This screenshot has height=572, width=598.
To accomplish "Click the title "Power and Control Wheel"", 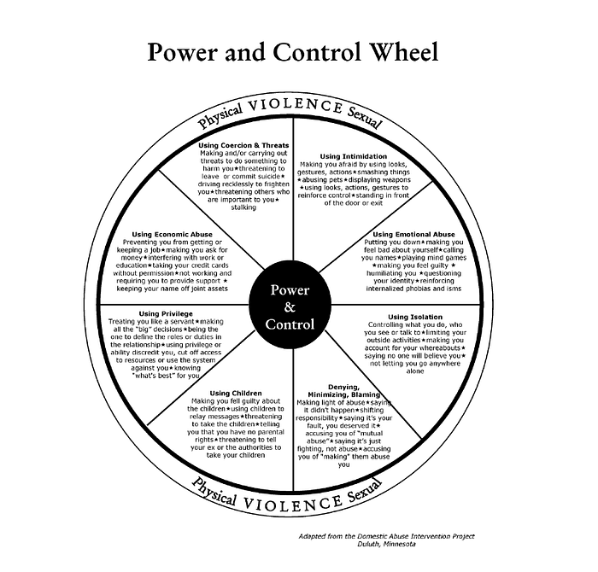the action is [x=293, y=52].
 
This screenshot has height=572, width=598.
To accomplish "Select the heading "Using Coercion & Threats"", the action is [x=243, y=145].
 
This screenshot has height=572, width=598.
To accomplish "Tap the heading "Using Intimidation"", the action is [x=353, y=156].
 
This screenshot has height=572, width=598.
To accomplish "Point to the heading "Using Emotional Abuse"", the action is [x=413, y=235].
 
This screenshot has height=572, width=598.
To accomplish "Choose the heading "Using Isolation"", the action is [x=415, y=317].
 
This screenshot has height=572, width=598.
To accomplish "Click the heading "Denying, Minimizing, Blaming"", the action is [x=343, y=391].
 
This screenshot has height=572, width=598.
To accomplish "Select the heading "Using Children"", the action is [x=236, y=393].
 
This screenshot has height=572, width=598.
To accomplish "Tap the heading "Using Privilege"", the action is [x=166, y=313].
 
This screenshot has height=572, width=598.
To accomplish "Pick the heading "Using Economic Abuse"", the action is [x=172, y=235].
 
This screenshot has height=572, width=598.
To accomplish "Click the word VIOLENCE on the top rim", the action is [x=296, y=105].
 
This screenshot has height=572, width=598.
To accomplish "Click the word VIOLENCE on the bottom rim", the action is [x=292, y=504].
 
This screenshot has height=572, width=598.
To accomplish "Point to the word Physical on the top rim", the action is [x=220, y=116].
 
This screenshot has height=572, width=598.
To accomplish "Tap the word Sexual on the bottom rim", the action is [x=365, y=491].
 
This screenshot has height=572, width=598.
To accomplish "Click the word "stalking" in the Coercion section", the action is [x=243, y=207].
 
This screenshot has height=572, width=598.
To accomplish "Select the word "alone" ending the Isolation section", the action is [x=415, y=371].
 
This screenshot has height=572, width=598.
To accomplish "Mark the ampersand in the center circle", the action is [x=290, y=307].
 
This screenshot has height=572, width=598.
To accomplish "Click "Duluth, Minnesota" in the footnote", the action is [x=386, y=544].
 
